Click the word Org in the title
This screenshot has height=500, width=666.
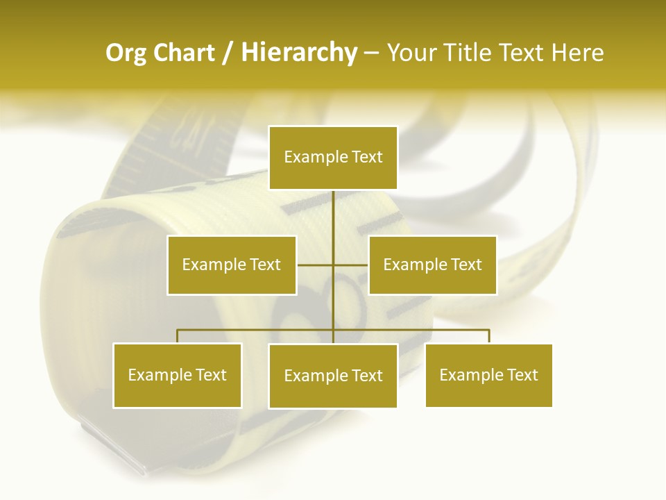(126, 53)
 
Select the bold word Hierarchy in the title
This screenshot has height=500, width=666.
(298, 53)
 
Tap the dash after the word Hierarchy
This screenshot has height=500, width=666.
(371, 53)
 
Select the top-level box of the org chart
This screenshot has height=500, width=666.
(333, 158)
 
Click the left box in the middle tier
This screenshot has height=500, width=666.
(231, 265)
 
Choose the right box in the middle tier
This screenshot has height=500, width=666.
(432, 265)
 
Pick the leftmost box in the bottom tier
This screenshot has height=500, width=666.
(177, 375)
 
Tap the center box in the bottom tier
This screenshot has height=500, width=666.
(333, 376)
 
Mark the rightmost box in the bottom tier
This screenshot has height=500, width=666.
(488, 375)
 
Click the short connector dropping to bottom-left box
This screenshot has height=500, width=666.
(177, 336)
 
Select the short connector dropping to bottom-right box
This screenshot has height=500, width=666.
(488, 336)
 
